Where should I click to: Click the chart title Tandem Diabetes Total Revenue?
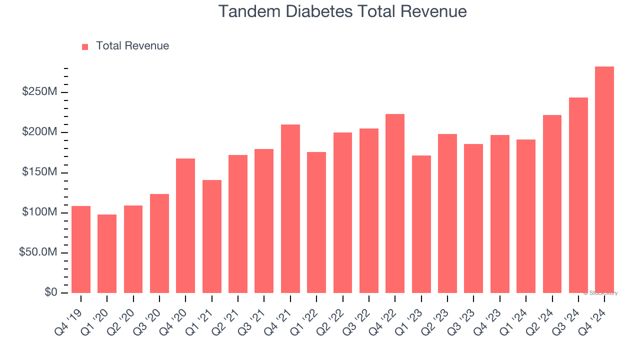(342, 11)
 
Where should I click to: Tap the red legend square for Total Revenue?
(85, 46)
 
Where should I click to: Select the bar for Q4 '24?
(604, 180)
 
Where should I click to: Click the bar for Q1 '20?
(107, 254)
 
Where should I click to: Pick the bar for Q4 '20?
(185, 226)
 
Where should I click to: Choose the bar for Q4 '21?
(290, 209)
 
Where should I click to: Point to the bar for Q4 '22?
(395, 203)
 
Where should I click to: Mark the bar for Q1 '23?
(421, 224)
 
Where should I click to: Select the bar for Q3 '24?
(578, 195)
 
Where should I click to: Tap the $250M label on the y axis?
(40, 92)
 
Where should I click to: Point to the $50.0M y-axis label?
(38, 252)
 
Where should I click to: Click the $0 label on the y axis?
(50, 292)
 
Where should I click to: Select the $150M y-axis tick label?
(40, 172)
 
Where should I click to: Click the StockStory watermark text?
(600, 293)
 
